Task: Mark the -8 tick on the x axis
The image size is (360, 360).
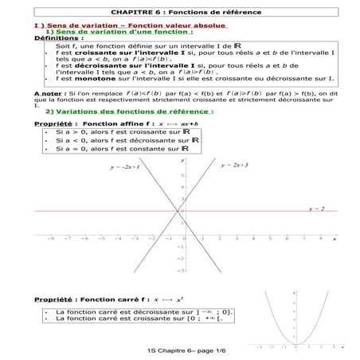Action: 50,237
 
